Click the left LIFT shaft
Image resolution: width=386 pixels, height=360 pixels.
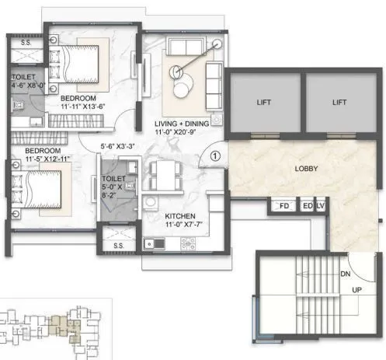pos(260,102)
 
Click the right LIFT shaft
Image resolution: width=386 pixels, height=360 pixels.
pos(337,102)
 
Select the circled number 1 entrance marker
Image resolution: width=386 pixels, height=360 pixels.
pos(217,156)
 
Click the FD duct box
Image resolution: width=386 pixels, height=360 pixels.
pos(283,207)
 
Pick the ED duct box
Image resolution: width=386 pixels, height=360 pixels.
pos(307,207)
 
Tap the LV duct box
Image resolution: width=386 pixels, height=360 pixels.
pos(320,207)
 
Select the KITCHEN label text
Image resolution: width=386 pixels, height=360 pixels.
pos(179,216)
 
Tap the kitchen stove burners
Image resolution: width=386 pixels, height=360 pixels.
pos(187,243)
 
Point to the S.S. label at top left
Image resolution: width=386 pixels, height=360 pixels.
pos(26,42)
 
